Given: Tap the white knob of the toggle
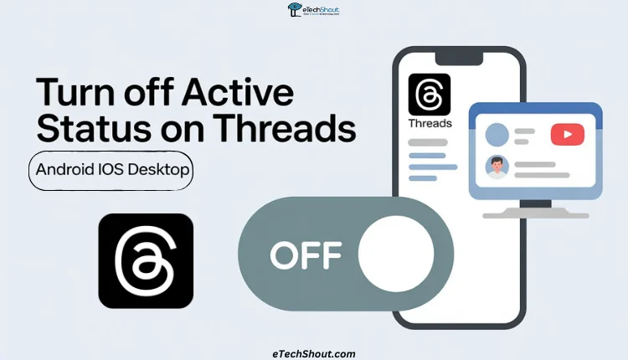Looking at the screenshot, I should (395, 252).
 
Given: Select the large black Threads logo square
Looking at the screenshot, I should (146, 260).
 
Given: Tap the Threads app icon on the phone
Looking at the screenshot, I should (429, 94).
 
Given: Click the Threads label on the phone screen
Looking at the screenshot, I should (429, 124).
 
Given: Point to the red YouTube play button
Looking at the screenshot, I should (567, 135).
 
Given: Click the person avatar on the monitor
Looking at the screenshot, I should (497, 167).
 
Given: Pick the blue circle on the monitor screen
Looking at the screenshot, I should (497, 135).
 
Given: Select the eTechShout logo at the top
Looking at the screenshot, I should (314, 11).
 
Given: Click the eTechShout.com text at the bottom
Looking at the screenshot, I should (314, 353).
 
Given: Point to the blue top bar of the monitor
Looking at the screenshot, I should (535, 110).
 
